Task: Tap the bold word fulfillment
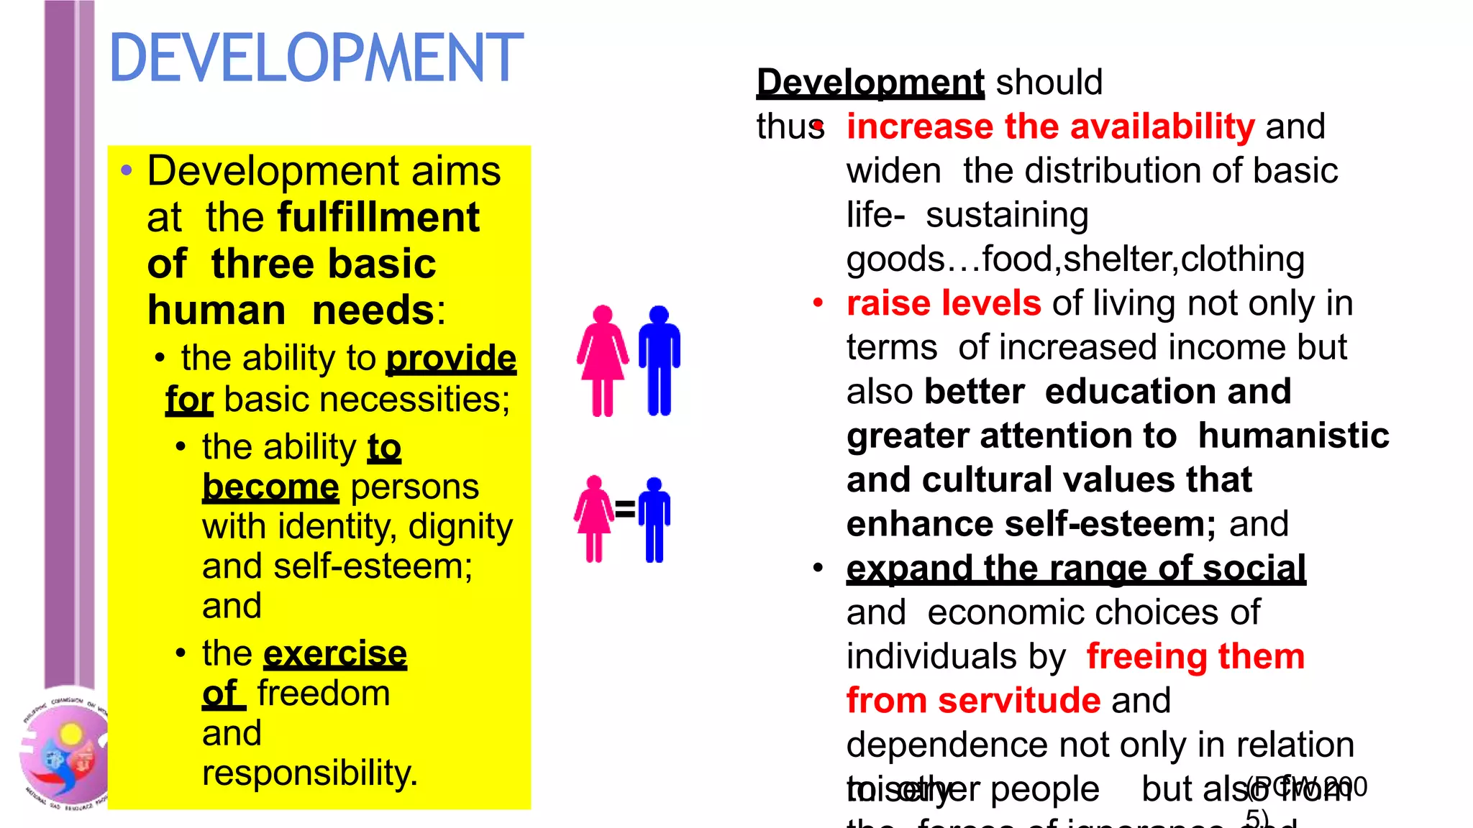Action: [x=378, y=217]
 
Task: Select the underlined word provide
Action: [x=451, y=358]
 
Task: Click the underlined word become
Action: [x=270, y=487]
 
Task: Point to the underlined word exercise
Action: [x=335, y=653]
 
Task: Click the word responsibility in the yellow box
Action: [x=309, y=773]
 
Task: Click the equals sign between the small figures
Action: [x=625, y=509]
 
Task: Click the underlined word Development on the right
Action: [x=870, y=82]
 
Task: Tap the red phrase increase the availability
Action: [x=1050, y=126]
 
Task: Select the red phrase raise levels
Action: [x=944, y=303]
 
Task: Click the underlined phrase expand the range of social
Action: [x=1076, y=569]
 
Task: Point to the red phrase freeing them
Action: [x=1195, y=657]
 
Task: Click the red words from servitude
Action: [x=973, y=701]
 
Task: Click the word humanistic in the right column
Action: [x=1293, y=436]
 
